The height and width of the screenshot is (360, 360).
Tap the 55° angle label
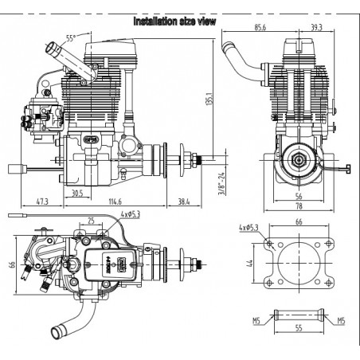click(x=70, y=37)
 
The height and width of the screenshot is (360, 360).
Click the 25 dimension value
click(x=92, y=220)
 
